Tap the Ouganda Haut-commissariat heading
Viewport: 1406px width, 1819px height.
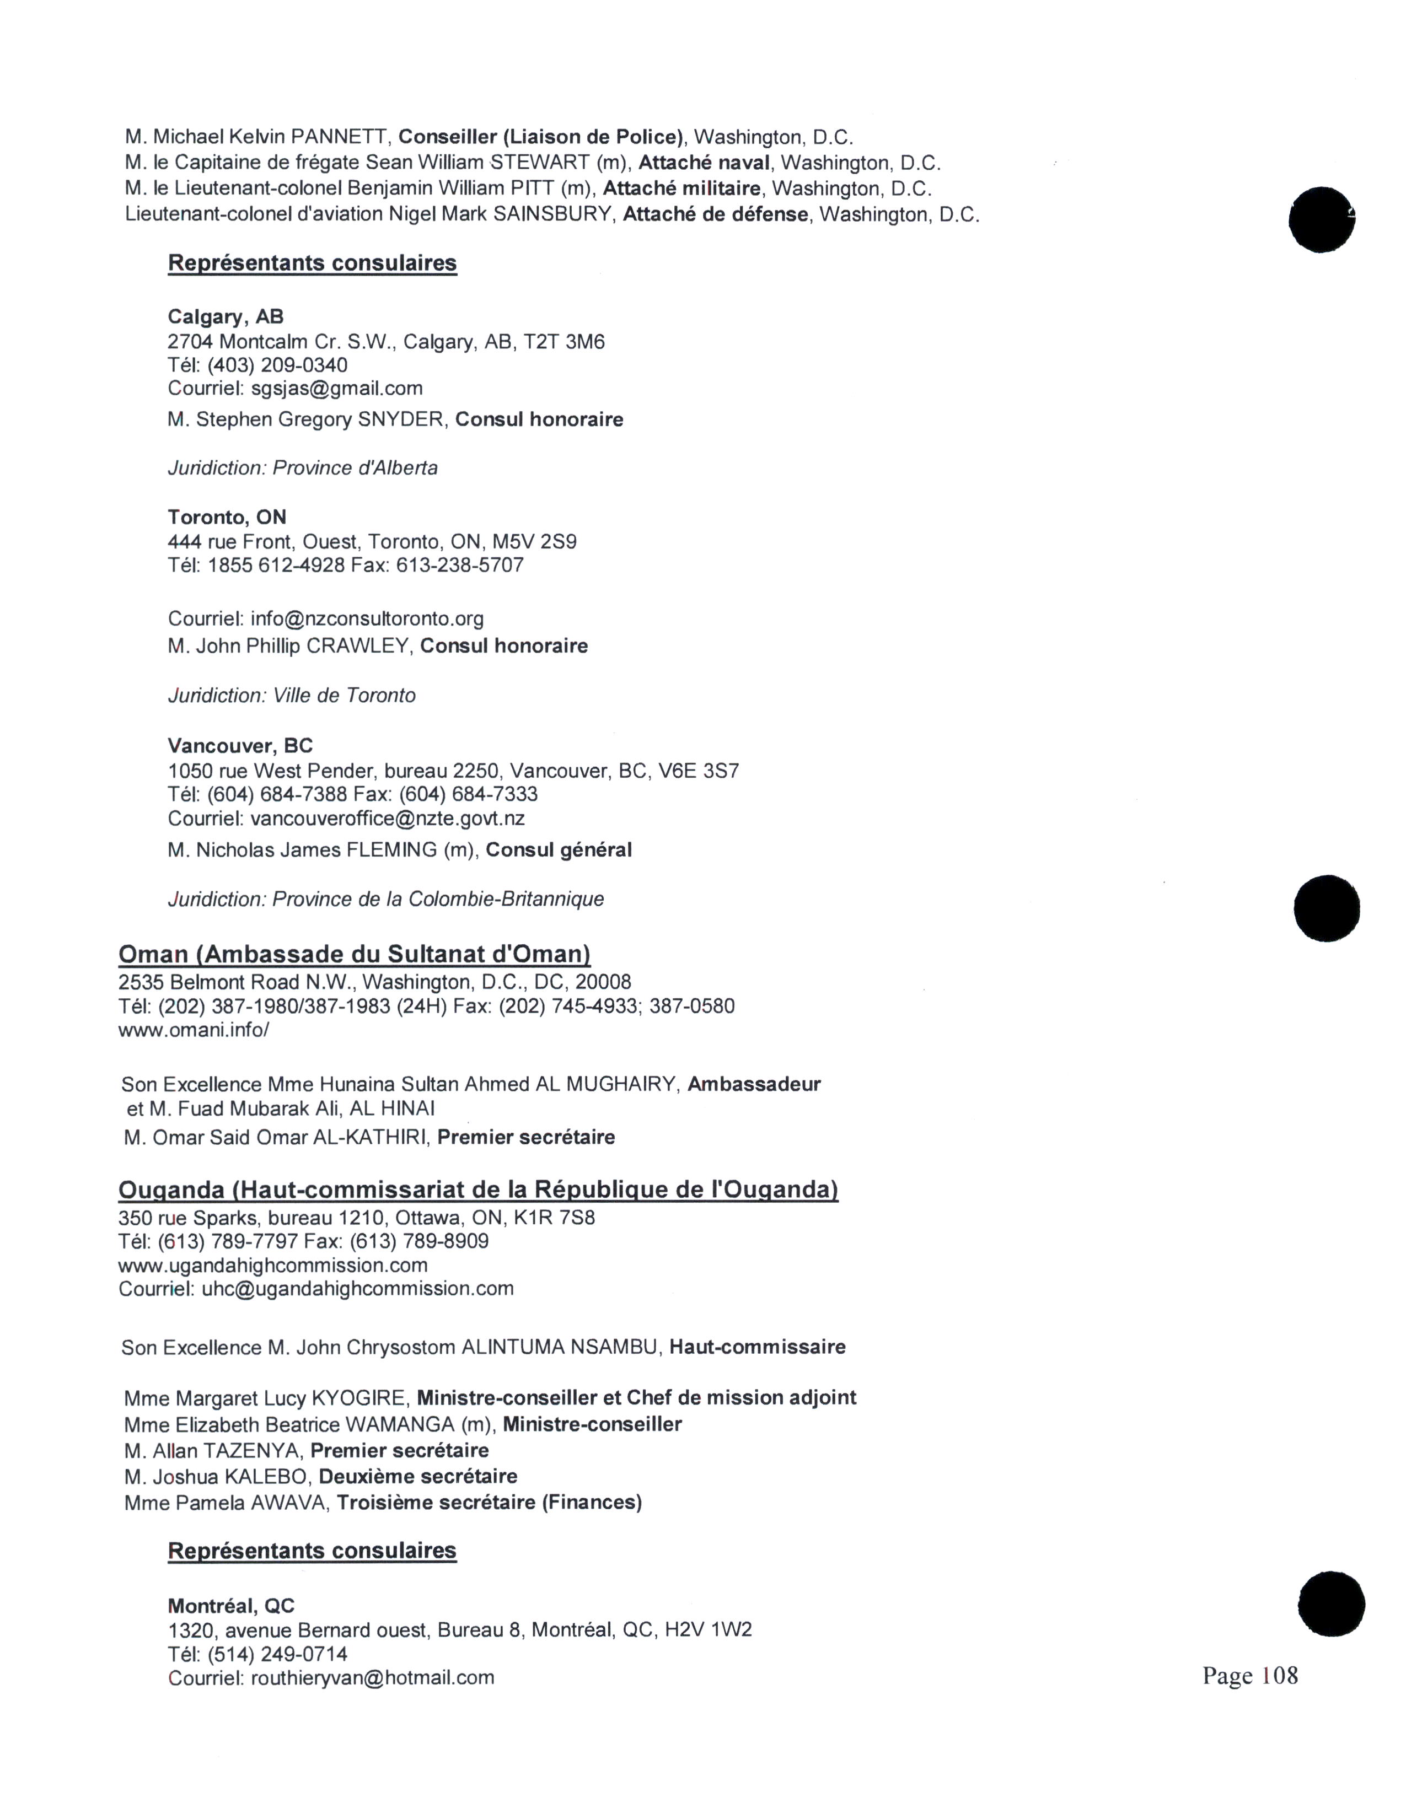(x=478, y=1190)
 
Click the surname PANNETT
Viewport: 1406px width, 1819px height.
(x=339, y=137)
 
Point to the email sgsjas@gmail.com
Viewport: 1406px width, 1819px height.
(x=336, y=388)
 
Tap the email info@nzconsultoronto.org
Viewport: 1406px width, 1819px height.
(x=367, y=619)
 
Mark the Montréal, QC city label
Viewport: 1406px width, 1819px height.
(x=230, y=1606)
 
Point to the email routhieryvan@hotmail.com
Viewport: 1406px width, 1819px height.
(x=372, y=1677)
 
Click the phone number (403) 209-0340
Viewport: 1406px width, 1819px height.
(x=277, y=365)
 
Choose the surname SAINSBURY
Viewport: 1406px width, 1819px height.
(x=552, y=215)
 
